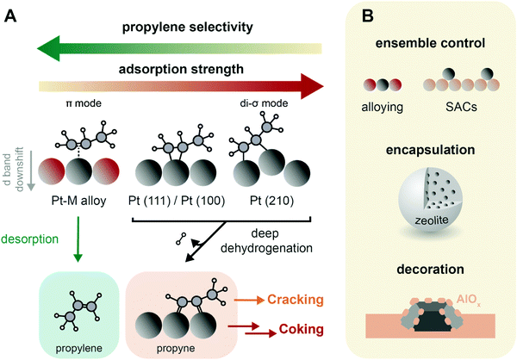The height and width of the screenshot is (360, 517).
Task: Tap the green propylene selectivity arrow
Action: [172, 46]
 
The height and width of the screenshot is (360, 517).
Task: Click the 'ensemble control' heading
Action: [439, 42]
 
